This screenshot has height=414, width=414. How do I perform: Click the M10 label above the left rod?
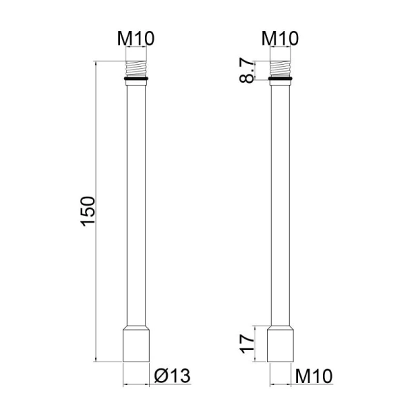click(x=136, y=39)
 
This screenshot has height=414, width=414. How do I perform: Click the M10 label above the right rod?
click(x=280, y=39)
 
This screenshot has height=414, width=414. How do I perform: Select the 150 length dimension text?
click(x=88, y=211)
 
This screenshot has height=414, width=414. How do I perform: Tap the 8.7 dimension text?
click(x=246, y=70)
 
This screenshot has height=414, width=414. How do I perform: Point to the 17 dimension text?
click(x=246, y=344)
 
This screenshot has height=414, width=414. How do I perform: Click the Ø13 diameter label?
click(x=172, y=376)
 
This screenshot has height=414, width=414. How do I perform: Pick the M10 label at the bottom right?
click(x=314, y=376)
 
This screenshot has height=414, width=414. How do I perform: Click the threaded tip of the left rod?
click(x=136, y=68)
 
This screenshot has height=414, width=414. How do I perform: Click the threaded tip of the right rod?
click(x=280, y=68)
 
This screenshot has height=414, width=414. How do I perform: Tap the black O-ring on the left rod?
click(x=136, y=79)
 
